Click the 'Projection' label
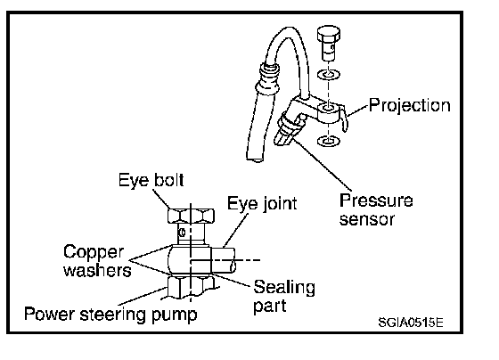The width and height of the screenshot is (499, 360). click(x=410, y=105)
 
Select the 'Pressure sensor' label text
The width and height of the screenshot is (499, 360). click(x=376, y=210)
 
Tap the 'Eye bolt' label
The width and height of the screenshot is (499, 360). click(x=151, y=180)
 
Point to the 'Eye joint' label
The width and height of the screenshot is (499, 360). click(x=262, y=203)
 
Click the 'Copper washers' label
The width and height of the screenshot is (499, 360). click(x=97, y=261)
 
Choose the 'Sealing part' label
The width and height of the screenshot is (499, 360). click(x=284, y=297)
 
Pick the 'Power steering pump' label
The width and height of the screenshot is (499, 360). click(x=110, y=315)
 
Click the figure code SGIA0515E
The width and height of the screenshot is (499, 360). click(x=411, y=322)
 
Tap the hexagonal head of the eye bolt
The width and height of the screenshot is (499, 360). click(x=191, y=217)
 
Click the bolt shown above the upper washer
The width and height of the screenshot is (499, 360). click(x=329, y=43)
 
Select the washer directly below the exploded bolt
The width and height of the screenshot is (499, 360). click(x=329, y=76)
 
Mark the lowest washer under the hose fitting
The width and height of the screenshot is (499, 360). click(x=328, y=141)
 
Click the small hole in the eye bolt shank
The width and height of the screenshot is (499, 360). click(x=183, y=233)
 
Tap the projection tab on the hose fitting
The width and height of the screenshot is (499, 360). click(x=343, y=119)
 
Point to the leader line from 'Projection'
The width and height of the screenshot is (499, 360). click(x=357, y=110)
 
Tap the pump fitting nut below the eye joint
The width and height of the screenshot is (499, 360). click(x=191, y=287)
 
